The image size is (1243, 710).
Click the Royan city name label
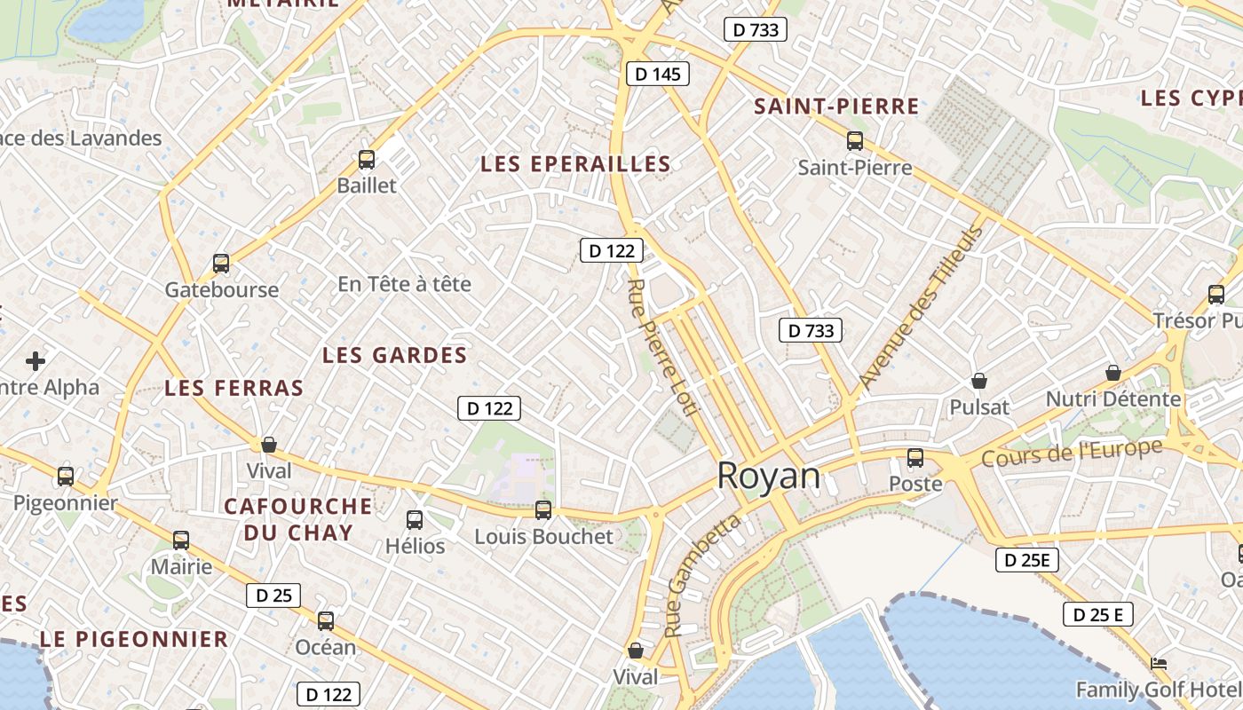coord(769,477)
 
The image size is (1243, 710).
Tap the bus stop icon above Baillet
coord(367,160)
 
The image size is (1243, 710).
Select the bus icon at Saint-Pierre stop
coord(855,140)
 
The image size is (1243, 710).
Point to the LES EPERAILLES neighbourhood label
coord(575,164)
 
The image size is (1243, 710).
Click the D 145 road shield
coord(658,74)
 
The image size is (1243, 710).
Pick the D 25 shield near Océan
coord(273,595)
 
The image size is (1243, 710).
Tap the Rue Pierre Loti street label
coord(663,346)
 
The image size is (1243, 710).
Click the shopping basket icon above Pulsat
coord(979,381)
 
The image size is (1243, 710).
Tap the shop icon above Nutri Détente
coord(1112,373)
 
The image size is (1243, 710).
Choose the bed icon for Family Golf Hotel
coord(1158,663)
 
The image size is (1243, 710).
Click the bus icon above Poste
coord(915,458)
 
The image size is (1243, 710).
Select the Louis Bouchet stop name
coord(543,537)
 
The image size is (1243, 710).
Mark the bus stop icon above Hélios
coord(415,519)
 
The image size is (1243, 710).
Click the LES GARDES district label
coord(394,356)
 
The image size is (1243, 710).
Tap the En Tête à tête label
coord(404,284)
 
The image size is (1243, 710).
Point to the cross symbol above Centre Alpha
coord(36,361)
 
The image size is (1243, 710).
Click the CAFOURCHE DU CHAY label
coord(298,519)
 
